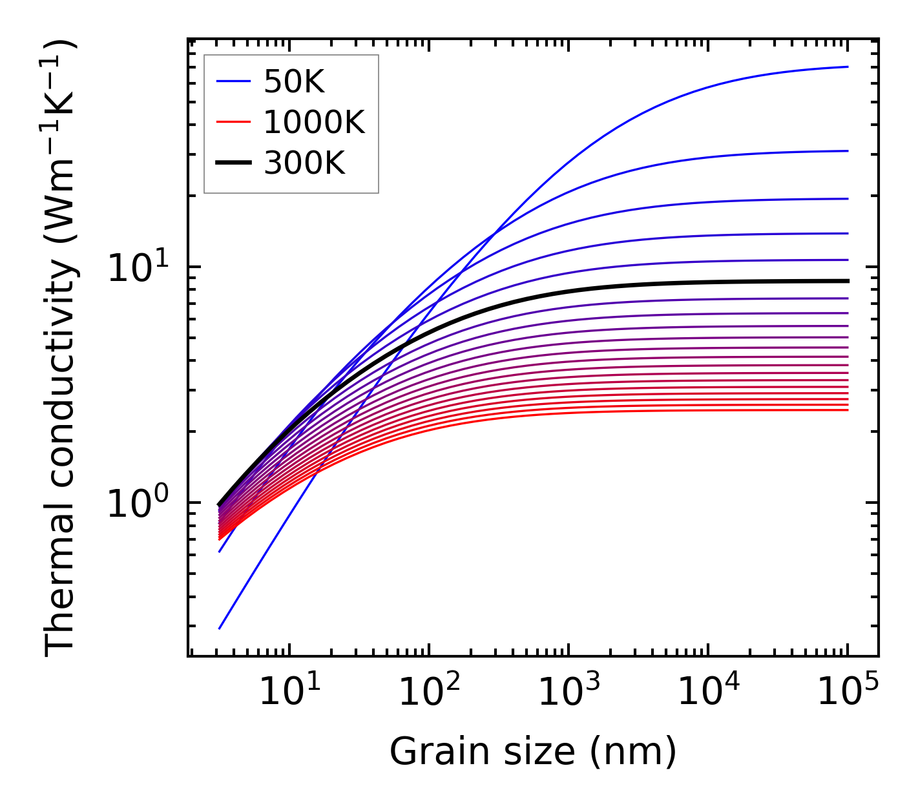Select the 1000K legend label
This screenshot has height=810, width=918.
(314, 122)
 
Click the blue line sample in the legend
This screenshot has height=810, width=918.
(233, 81)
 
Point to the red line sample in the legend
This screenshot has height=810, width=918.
(233, 122)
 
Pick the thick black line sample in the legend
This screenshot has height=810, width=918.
(233, 163)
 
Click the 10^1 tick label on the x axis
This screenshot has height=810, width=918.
(288, 693)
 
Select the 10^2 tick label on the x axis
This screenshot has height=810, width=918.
(428, 693)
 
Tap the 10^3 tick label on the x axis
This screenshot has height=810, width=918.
(568, 693)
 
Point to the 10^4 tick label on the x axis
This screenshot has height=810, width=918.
(708, 693)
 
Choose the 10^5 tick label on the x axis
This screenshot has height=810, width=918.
(848, 693)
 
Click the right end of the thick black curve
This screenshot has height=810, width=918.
(847, 281)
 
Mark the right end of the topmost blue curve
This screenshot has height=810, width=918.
(847, 67)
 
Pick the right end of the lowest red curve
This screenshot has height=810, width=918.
(847, 410)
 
